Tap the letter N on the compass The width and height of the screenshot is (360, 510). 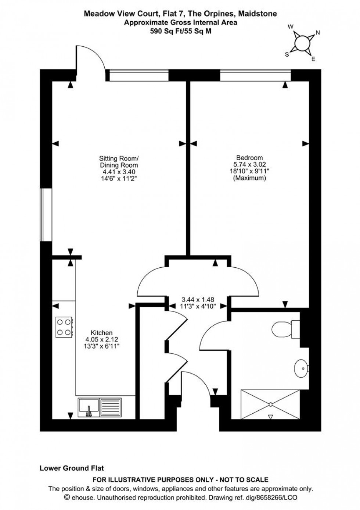point(318,33)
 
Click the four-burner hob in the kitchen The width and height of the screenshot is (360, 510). point(64,327)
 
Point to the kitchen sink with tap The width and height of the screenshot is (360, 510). point(89,407)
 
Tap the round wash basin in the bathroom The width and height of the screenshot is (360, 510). point(301,367)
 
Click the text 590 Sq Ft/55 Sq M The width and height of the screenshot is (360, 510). point(180,31)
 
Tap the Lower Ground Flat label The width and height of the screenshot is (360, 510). point(72,468)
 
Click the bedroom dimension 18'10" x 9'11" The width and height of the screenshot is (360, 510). point(249,171)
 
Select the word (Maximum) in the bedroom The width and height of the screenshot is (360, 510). point(249,178)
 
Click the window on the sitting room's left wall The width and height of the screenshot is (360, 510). point(46,215)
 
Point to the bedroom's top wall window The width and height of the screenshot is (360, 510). point(256,75)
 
